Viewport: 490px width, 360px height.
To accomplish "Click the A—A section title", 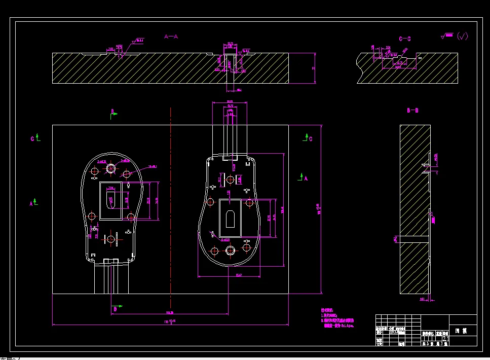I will [x=171, y=37].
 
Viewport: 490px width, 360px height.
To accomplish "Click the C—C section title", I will [x=405, y=39].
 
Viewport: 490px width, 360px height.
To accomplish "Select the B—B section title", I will [x=412, y=110].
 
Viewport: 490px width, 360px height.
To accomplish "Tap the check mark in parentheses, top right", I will [x=462, y=36].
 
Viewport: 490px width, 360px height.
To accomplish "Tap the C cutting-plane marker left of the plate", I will [x=34, y=138].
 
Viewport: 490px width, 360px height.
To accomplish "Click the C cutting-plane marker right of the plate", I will [x=307, y=137].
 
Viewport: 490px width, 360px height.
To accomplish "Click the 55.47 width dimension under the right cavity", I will [x=239, y=275].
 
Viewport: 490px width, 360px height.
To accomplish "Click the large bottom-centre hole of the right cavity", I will [x=231, y=250].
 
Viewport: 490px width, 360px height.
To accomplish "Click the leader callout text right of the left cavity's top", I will [x=153, y=166].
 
